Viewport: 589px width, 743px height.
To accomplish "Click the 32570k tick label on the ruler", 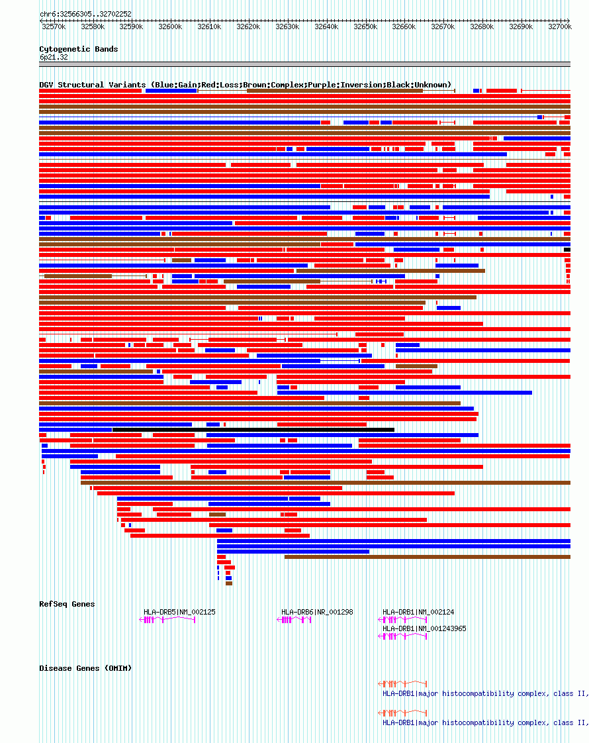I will [54, 27].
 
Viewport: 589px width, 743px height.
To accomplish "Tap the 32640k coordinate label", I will [326, 27].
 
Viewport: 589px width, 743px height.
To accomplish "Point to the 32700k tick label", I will [560, 27].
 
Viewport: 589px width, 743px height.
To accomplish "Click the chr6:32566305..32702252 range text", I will [85, 14].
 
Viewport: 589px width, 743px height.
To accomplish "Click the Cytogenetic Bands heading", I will [79, 49].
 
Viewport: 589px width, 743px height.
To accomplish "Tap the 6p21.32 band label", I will [54, 58].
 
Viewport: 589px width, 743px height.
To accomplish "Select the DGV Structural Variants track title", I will [245, 85].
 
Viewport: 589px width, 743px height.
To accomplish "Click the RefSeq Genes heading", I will [67, 604].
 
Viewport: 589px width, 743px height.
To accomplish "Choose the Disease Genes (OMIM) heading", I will [85, 668].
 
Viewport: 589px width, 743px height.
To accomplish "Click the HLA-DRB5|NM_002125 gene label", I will [179, 612].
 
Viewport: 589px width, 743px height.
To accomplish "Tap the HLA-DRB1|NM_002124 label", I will [418, 612].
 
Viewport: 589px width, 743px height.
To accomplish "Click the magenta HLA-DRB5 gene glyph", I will [167, 620].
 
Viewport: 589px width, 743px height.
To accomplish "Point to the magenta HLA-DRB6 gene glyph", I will [294, 620].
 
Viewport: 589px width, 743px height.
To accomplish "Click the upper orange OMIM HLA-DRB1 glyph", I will [402, 683].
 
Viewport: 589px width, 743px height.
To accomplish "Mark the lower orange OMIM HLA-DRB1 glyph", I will [402, 713].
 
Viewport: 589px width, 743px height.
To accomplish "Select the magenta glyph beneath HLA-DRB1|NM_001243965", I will [402, 636].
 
